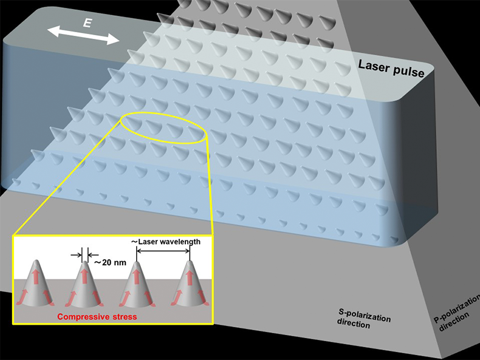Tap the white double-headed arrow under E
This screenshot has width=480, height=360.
84,35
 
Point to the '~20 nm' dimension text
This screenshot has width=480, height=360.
109,263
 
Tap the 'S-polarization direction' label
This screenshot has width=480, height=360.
364,320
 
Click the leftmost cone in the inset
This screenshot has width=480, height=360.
37,285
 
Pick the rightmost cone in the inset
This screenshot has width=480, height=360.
190,285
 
